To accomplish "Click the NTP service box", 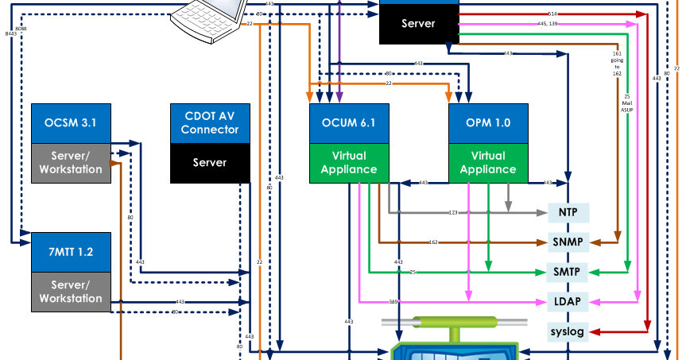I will pyautogui.click(x=568, y=213).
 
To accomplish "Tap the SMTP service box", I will pyautogui.click(x=568, y=272).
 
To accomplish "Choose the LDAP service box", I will pyautogui.click(x=568, y=301).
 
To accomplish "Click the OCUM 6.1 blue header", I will pyautogui.click(x=350, y=123).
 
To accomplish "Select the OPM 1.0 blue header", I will pyautogui.click(x=489, y=123).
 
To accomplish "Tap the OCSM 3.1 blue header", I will pyautogui.click(x=71, y=123).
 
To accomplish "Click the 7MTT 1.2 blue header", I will pyautogui.click(x=71, y=252).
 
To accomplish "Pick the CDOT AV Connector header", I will pyautogui.click(x=210, y=123).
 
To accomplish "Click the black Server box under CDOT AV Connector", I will pyautogui.click(x=210, y=163).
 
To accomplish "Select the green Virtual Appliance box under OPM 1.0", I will pyautogui.click(x=489, y=163).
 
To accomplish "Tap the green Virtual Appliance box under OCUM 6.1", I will pyautogui.click(x=350, y=163).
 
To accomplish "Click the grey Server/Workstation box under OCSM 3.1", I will pyautogui.click(x=71, y=163).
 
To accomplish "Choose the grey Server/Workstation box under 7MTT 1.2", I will pyautogui.click(x=71, y=292).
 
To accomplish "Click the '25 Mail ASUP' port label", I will pyautogui.click(x=627, y=103).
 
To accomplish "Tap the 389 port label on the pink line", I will pyautogui.click(x=393, y=302).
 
